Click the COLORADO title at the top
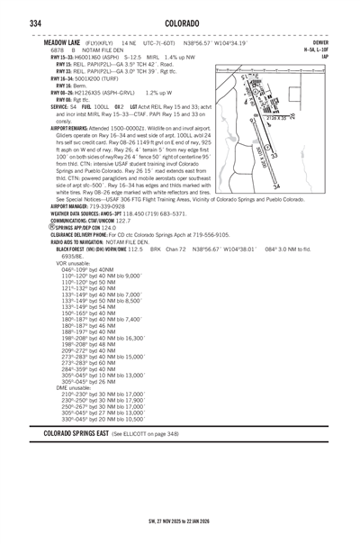point(180,21)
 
